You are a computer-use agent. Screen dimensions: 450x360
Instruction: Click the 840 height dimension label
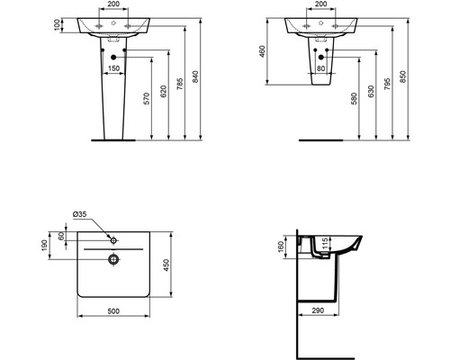pos(195,76)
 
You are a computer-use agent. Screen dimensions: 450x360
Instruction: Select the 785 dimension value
pos(179,85)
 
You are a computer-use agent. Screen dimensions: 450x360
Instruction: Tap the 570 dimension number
pos(147,98)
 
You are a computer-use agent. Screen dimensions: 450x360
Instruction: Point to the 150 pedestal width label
pos(113,68)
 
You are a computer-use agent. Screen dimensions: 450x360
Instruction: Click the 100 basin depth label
pos(57,25)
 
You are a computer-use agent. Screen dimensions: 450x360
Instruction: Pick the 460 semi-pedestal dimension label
pos(262,51)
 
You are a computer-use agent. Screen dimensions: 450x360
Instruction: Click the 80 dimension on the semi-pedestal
pos(320,68)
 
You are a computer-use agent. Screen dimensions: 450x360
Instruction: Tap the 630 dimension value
pos(371,92)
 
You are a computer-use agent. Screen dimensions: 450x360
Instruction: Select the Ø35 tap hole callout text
pos(80,214)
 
